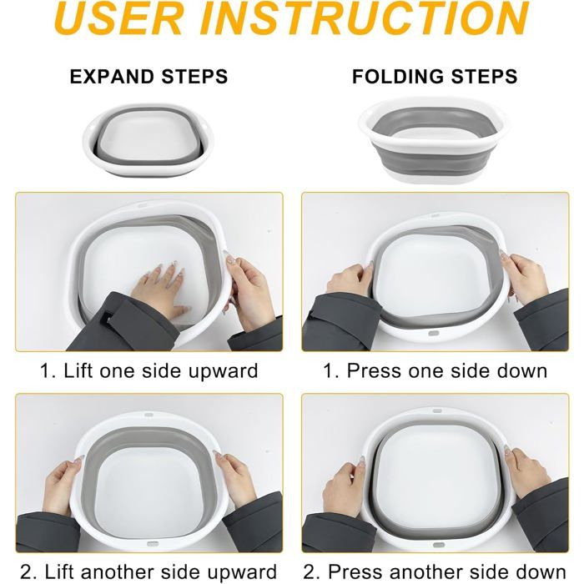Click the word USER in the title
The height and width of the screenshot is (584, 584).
(118, 18)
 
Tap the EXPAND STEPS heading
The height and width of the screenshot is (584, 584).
(149, 77)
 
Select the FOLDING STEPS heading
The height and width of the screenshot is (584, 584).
(435, 77)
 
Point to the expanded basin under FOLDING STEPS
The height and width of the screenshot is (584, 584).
(435, 140)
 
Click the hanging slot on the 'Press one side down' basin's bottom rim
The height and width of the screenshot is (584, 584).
(432, 333)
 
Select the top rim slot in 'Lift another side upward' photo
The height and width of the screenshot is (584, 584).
(149, 414)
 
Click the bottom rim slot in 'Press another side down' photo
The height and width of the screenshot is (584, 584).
(439, 546)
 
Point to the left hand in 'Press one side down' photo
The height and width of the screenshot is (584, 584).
(350, 279)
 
